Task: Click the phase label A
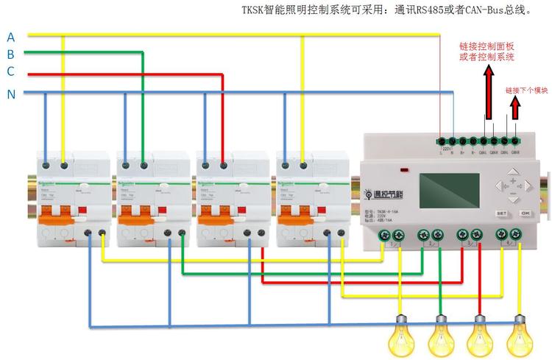(x=10, y=37)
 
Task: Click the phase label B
(x=10, y=54)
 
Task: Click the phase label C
(x=10, y=71)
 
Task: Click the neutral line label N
(x=11, y=94)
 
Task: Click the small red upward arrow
(x=514, y=106)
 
